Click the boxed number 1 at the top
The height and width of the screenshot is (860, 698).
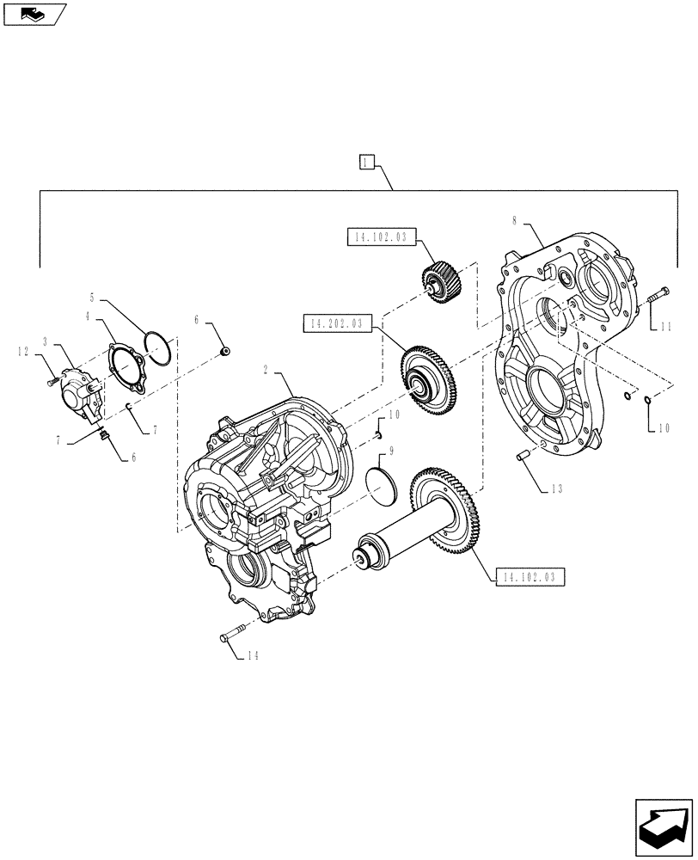pyautogui.click(x=366, y=162)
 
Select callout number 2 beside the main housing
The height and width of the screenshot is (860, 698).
pyautogui.click(x=266, y=369)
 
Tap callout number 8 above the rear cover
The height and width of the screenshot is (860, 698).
pyautogui.click(x=515, y=221)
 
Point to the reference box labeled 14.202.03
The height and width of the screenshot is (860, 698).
pyautogui.click(x=333, y=323)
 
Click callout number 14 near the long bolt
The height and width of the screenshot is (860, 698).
pyautogui.click(x=251, y=656)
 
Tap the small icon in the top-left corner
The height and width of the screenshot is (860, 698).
pyautogui.click(x=34, y=13)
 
